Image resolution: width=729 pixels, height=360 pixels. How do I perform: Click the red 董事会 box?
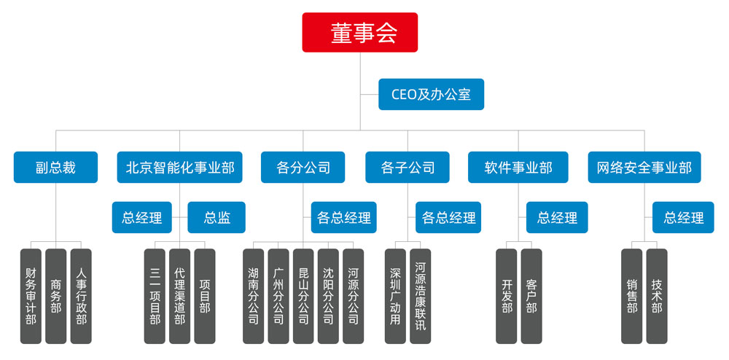(360, 32)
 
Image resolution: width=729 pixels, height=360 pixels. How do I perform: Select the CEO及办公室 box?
(431, 95)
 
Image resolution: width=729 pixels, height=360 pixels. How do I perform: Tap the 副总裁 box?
(55, 168)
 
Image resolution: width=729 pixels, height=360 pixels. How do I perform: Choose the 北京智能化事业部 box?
(180, 168)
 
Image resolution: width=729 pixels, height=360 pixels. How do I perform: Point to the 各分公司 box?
(303, 168)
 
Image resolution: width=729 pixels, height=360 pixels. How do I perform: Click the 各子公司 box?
(408, 168)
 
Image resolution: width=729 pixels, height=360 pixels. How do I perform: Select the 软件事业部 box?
(518, 168)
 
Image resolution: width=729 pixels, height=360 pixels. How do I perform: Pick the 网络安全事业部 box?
(644, 168)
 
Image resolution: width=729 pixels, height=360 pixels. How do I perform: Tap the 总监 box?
(217, 217)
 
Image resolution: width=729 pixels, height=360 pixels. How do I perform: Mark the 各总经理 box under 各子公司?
(448, 217)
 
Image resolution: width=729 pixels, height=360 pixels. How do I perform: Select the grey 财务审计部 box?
(31, 296)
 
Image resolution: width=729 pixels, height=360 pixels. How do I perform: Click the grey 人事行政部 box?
(81, 296)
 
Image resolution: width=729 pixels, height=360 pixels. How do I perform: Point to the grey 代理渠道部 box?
(179, 296)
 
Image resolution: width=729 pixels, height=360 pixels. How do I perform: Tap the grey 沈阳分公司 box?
(328, 296)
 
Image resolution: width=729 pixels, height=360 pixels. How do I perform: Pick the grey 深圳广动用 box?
(395, 296)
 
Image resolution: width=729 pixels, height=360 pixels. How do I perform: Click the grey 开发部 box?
(507, 296)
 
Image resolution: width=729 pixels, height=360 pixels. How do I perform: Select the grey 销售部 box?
(631, 296)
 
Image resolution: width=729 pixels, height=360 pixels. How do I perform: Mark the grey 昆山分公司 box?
(303, 296)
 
